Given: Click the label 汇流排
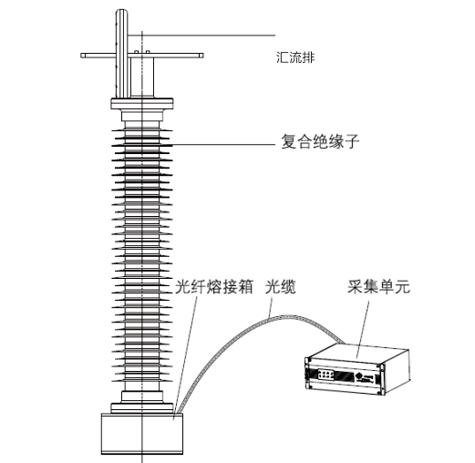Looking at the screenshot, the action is click(295, 57).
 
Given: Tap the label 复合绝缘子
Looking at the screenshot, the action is click(320, 141).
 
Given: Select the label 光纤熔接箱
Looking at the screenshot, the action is click(214, 287).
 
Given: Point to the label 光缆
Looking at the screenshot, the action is click(280, 287).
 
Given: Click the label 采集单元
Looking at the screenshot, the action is click(378, 286).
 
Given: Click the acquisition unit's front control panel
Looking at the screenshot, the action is click(326, 374).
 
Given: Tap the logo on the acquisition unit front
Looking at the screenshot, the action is click(359, 376).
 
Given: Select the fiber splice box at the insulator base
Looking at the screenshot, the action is click(142, 434).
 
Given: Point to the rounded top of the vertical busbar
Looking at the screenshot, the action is click(121, 12).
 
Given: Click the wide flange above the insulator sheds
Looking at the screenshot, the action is click(142, 104).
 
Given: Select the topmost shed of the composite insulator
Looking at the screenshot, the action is click(142, 130).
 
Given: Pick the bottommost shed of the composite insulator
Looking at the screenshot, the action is click(142, 380).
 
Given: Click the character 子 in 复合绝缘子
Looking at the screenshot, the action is click(352, 141).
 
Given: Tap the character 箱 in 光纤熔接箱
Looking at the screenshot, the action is click(245, 287).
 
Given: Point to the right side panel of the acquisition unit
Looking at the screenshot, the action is click(398, 372).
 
